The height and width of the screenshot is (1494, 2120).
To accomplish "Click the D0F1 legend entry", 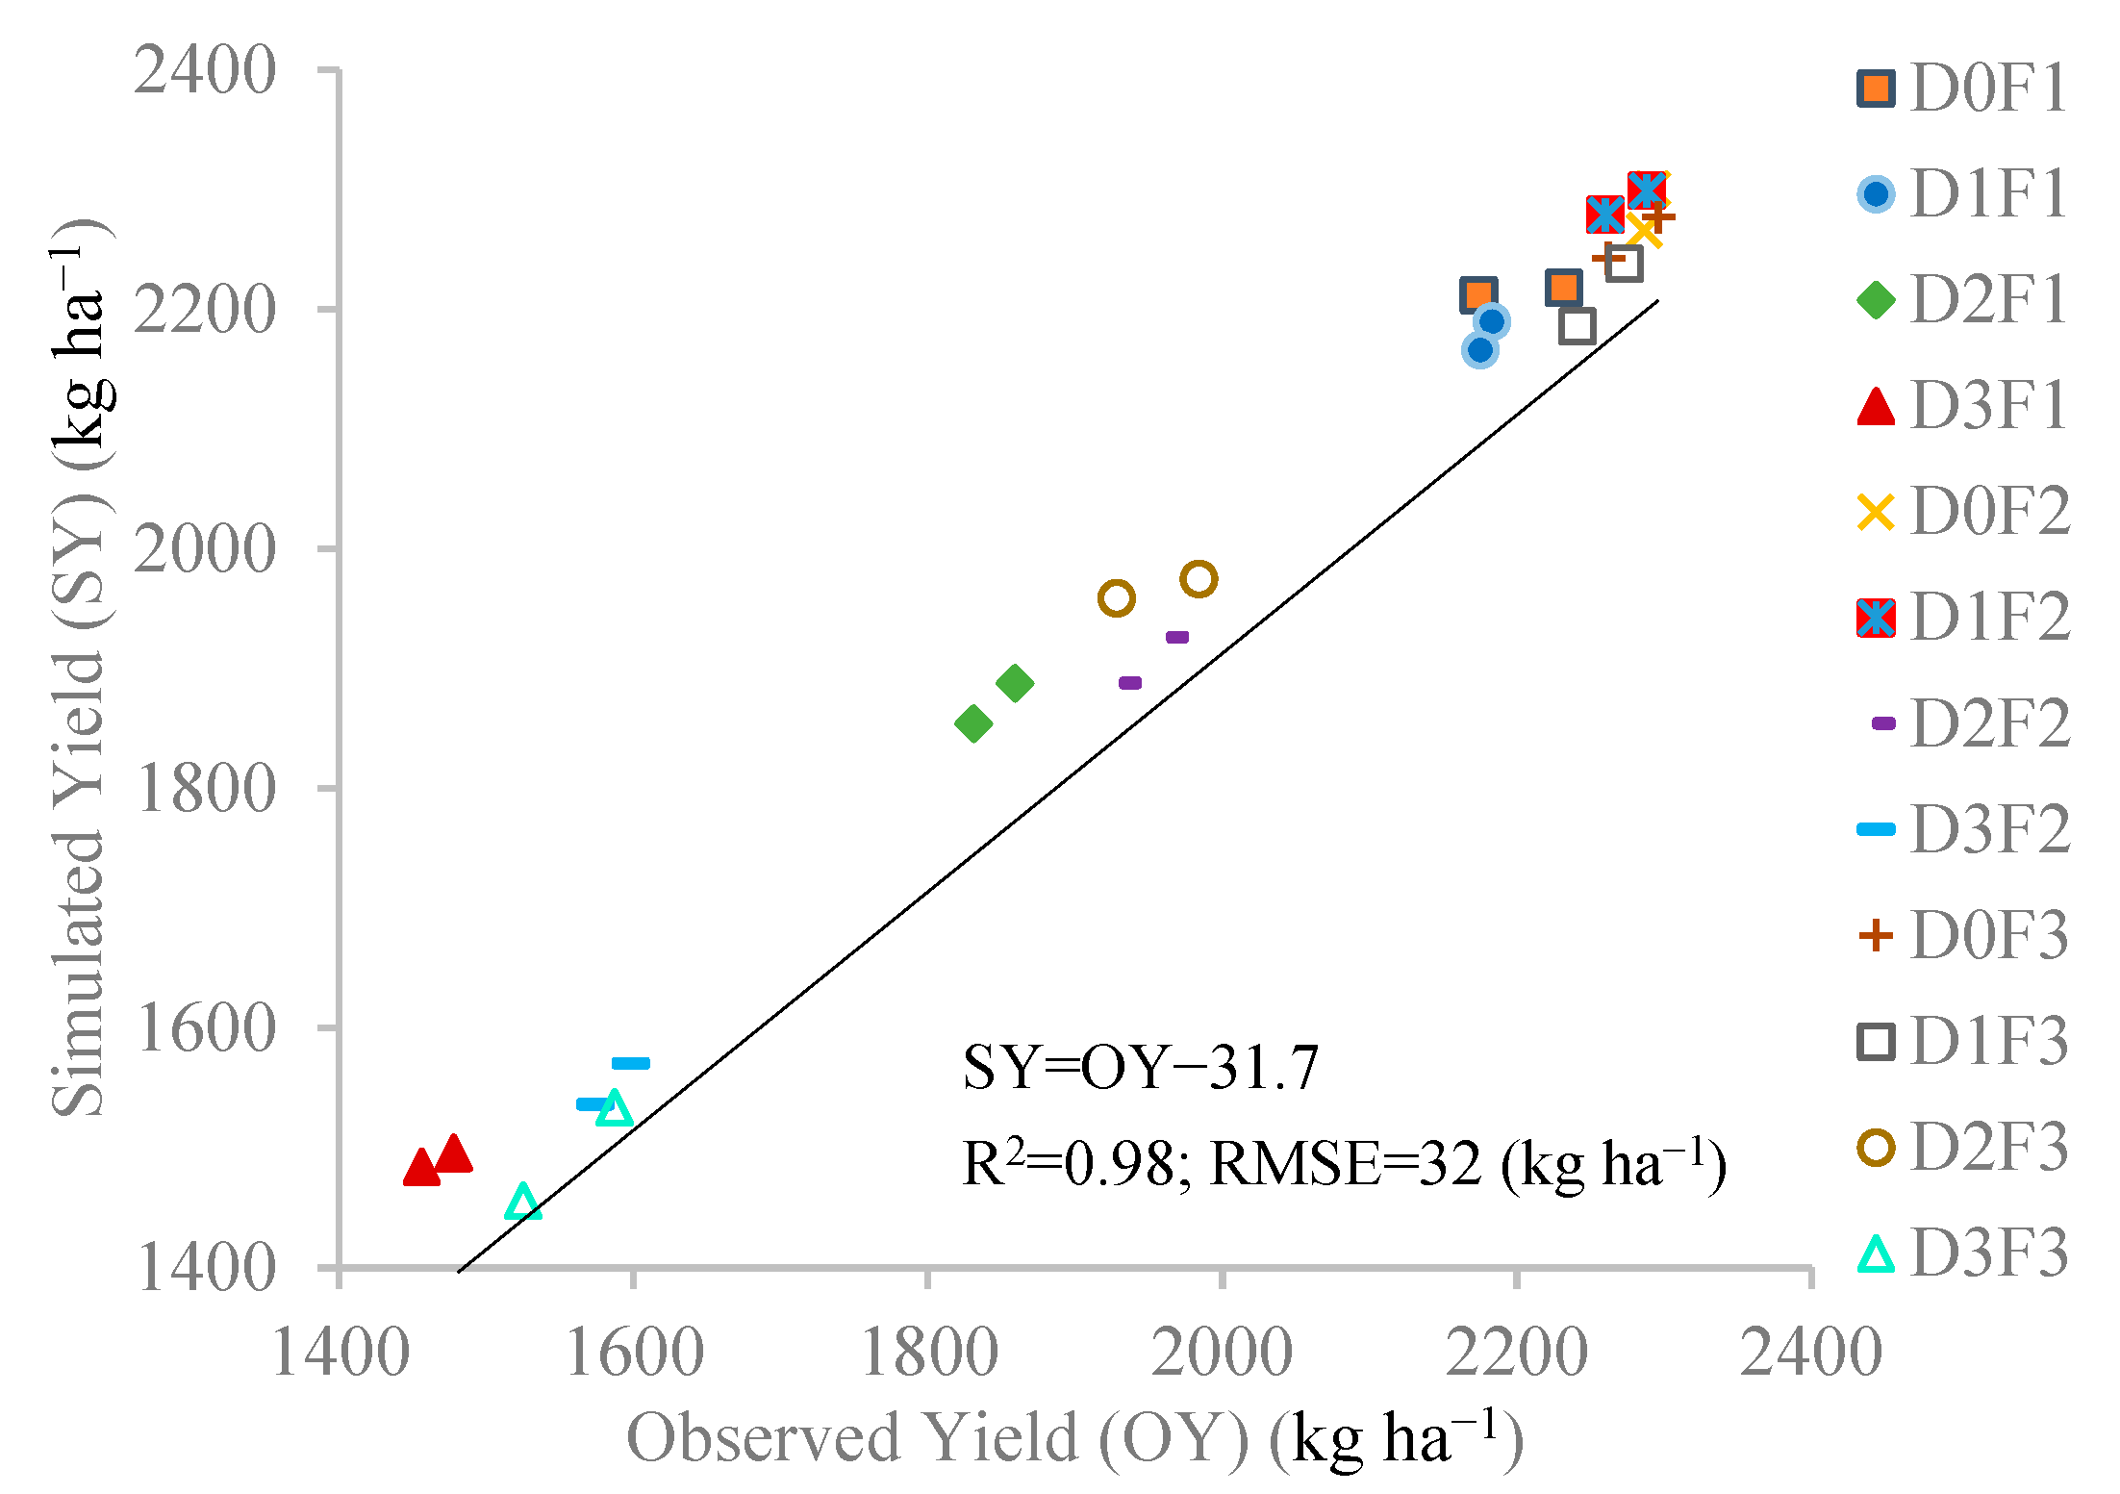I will tap(1962, 89).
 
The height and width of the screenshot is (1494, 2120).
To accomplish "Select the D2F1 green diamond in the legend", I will tap(1876, 299).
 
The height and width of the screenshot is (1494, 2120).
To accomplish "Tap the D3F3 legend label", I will tap(1988, 1253).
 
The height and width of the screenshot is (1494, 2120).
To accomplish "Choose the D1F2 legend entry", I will tap(1962, 618).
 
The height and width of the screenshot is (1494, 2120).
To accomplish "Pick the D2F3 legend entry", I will tap(1962, 1148).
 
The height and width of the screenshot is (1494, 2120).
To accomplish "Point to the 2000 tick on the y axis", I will tap(205, 549).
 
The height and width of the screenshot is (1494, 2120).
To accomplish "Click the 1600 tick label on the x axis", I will tap(634, 1354).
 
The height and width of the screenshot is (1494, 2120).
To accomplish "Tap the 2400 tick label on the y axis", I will tap(205, 71).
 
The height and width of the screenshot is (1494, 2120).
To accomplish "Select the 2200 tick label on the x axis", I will tap(1517, 1354).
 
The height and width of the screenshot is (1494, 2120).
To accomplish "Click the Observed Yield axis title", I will tap(1074, 1439).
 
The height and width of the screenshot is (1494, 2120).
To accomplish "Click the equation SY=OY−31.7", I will tap(1140, 1067).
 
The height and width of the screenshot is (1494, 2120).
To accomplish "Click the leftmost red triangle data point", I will tap(421, 1169).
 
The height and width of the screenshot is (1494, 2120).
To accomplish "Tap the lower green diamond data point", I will tap(973, 723).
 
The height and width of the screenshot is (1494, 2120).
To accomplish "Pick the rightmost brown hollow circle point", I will tap(1199, 579).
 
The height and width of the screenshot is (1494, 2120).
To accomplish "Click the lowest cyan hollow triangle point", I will tap(522, 1203).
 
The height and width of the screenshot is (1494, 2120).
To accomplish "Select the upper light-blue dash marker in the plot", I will tap(631, 1063).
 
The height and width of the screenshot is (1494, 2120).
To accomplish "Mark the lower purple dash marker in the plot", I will tap(1130, 683).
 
